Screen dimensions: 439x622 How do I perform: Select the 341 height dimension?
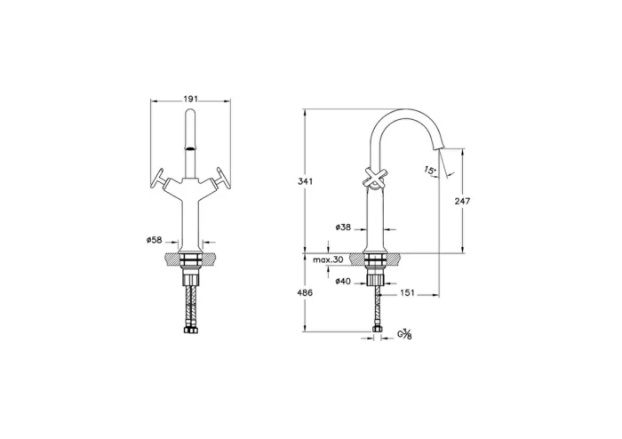[305, 181]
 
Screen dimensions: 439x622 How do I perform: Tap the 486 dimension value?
[305, 292]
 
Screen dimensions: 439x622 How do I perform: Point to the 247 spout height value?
[462, 202]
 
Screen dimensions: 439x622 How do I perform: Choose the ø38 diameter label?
[345, 228]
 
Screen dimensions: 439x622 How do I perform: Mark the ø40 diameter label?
[345, 281]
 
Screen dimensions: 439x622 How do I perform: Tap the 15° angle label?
[430, 169]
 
